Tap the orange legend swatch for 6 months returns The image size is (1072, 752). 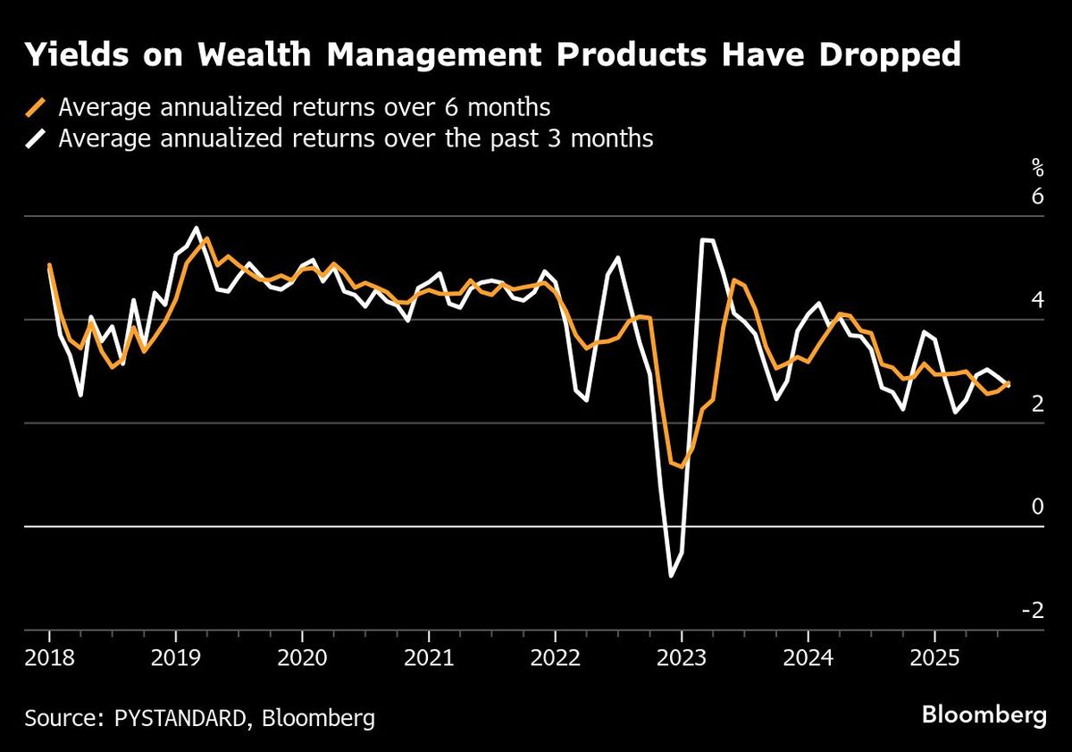pyautogui.click(x=37, y=108)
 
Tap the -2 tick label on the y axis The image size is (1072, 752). pyautogui.click(x=1032, y=610)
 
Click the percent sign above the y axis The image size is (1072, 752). pyautogui.click(x=1036, y=165)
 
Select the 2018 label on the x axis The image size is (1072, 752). pyautogui.click(x=48, y=659)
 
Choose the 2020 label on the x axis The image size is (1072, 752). pyautogui.click(x=301, y=659)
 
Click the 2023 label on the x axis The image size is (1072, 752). pyautogui.click(x=681, y=659)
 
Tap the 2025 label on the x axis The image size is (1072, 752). pyautogui.click(x=934, y=659)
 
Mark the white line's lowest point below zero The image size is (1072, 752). pyautogui.click(x=671, y=576)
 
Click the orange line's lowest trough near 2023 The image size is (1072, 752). pyautogui.click(x=682, y=466)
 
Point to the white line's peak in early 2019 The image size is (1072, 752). pyautogui.click(x=196, y=229)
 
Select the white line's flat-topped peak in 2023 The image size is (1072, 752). pyautogui.click(x=707, y=240)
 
